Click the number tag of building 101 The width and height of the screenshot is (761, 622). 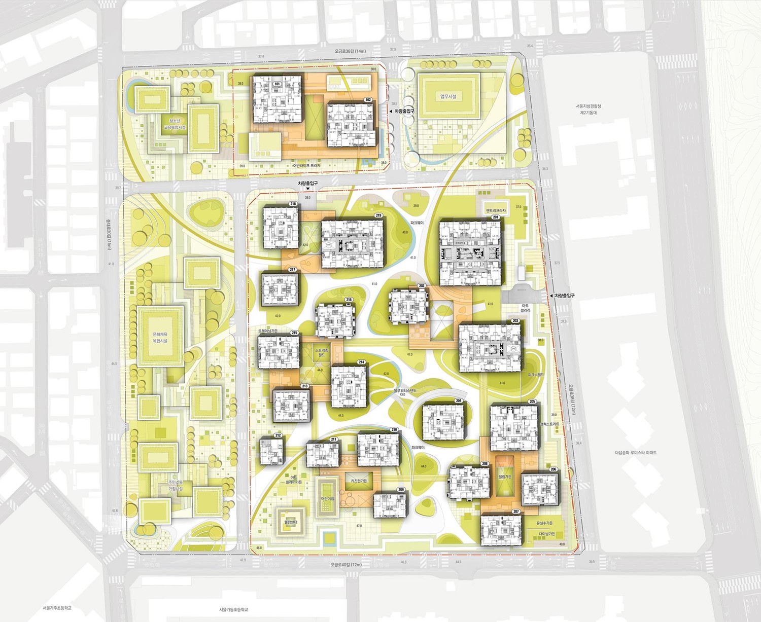tap(277, 84)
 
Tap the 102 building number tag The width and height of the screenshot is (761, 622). tap(368, 100)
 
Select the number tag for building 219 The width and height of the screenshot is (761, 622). tap(378, 215)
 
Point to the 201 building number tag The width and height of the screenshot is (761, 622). tap(495, 217)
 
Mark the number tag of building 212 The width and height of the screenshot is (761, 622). tap(278, 435)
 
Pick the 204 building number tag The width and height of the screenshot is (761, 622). tap(458, 400)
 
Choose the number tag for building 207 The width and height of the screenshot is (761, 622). tap(516, 511)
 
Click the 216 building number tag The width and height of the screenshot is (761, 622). tap(349, 300)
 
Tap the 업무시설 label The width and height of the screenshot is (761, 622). tap(448, 96)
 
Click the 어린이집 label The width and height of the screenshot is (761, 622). tap(328, 499)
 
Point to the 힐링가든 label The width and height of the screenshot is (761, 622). tap(505, 477)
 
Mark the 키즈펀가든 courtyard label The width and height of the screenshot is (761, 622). tap(359, 481)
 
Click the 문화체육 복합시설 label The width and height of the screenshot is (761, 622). tap(160, 338)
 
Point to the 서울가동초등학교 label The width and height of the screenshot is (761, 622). tap(233, 610)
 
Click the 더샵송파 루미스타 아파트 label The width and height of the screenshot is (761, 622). tap(636, 452)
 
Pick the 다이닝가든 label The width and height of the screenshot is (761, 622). tap(546, 534)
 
